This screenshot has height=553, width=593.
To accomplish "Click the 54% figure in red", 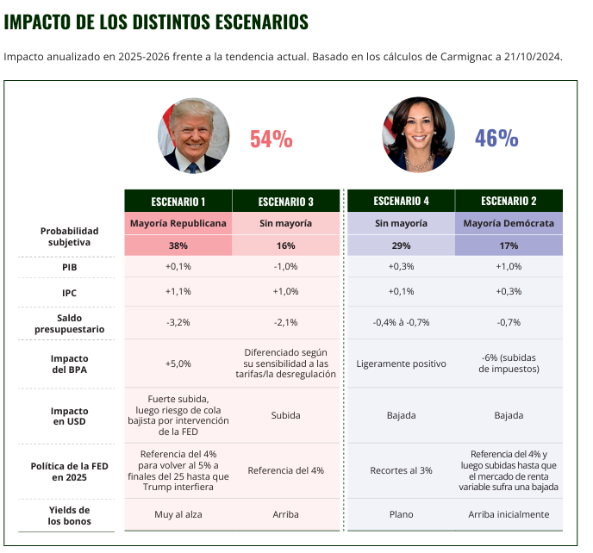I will pos(272,139).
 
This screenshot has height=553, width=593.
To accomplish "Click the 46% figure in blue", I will pos(496,139).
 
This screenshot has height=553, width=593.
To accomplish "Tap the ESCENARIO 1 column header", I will pos(178,202).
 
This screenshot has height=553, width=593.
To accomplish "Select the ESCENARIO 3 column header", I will pos(286,202).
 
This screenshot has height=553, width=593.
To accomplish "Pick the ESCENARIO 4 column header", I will pos(401,201).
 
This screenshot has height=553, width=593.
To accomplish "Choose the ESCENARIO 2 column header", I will pos(509,201).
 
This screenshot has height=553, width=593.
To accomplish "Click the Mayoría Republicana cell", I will pos(178,223).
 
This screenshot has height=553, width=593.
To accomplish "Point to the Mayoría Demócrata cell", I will pos(509,223).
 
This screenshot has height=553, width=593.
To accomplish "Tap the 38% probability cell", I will pos(178,245).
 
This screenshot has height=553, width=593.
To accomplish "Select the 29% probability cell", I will pos(401,245).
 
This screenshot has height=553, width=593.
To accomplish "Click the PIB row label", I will pos(69,267).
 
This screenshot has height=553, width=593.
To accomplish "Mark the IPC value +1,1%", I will pos(178,292).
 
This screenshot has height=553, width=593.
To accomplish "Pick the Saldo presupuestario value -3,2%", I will pos(178,322).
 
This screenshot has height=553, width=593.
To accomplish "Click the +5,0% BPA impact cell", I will pos(178,363).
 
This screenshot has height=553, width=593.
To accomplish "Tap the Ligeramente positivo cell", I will pos(401,363).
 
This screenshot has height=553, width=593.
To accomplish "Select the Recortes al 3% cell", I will pos(401,470).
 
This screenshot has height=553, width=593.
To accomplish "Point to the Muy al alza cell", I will pos(178,514).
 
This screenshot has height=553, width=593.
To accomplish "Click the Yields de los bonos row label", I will pos(69,515).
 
